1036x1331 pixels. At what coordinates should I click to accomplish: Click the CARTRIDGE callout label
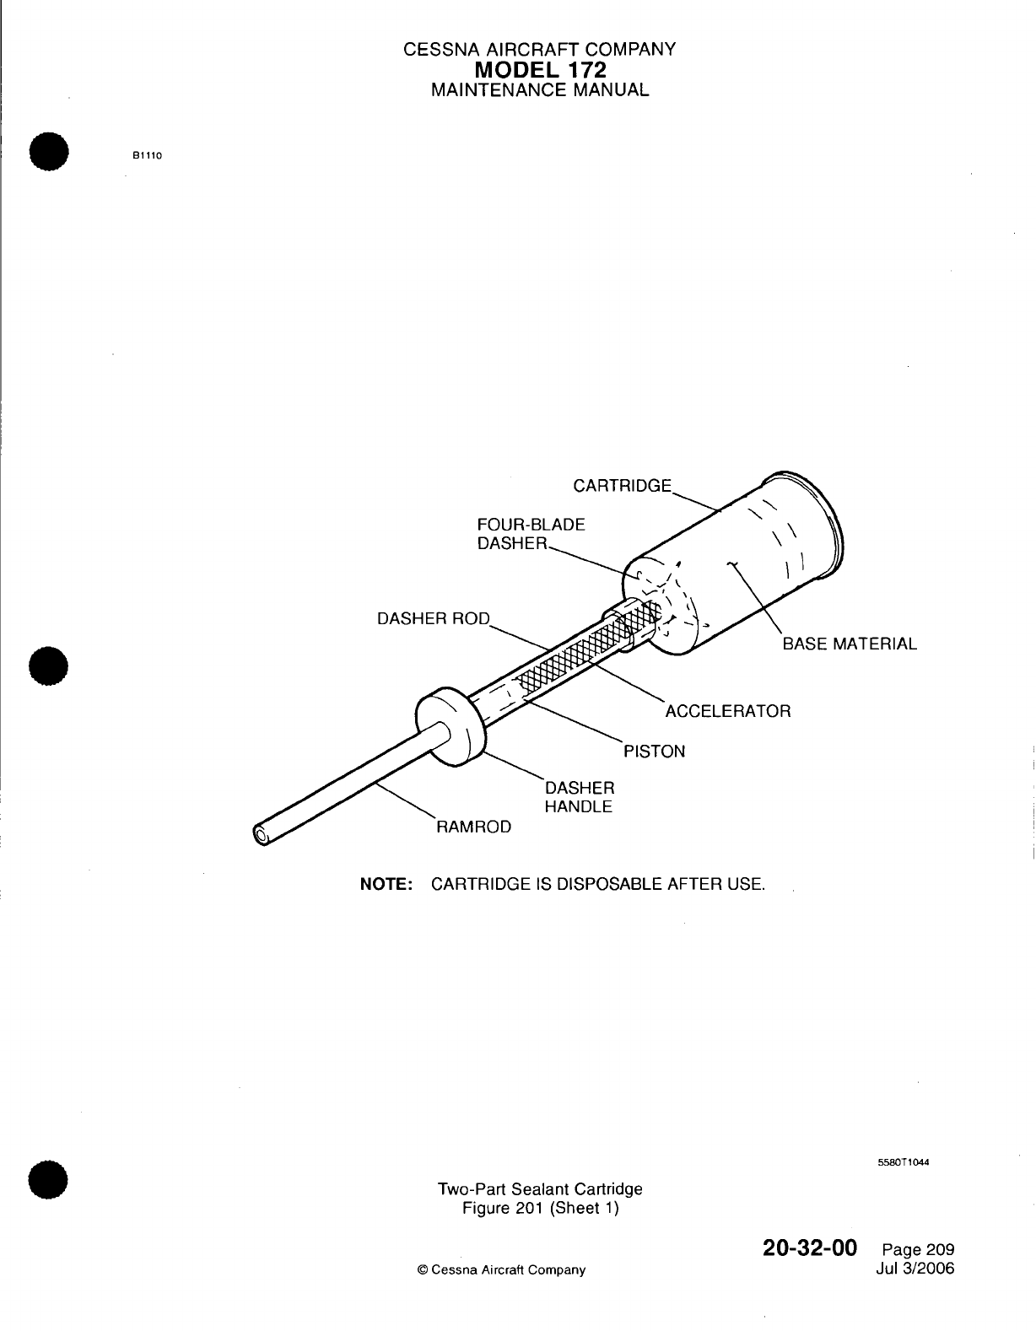[x=623, y=486]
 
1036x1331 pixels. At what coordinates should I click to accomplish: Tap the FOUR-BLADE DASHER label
[x=531, y=534]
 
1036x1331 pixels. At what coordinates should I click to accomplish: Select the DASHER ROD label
[x=433, y=618]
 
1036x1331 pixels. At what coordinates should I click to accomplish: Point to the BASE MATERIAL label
[x=849, y=644]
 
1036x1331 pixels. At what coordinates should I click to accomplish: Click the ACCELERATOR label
[x=728, y=711]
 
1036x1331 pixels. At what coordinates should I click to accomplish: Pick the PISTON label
[x=654, y=751]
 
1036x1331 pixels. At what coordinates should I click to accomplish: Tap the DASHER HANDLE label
[x=580, y=797]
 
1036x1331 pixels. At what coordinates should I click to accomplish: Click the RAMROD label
[x=472, y=827]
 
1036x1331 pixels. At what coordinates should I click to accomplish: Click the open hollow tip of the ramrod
[x=261, y=835]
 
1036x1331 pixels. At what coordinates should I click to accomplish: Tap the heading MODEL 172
[x=540, y=69]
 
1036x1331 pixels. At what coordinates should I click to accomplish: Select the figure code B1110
[x=146, y=155]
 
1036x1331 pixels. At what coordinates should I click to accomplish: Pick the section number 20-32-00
[x=810, y=1247]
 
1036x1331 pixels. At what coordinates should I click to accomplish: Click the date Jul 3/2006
[x=915, y=1269]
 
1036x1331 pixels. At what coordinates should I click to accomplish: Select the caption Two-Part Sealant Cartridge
[x=540, y=1188]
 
